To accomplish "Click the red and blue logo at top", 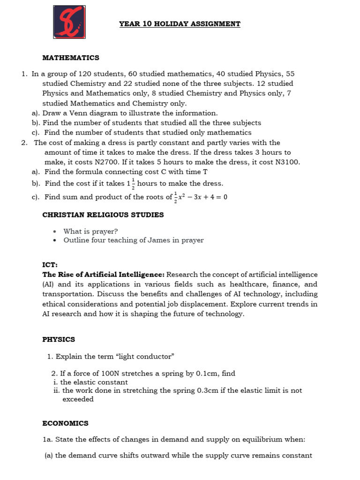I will (69, 22).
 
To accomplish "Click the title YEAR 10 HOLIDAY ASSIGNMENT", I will (180, 24).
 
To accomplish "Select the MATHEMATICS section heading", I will (71, 58).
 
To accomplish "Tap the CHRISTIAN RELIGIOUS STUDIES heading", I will (103, 215).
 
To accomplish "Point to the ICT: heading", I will (50, 265).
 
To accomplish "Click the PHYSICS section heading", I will (59, 339).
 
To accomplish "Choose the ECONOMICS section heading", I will (65, 423).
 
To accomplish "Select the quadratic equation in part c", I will (201, 197).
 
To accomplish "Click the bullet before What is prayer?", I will (55, 232).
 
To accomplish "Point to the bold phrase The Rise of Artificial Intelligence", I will (103, 275).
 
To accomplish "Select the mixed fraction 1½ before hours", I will (130, 184).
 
